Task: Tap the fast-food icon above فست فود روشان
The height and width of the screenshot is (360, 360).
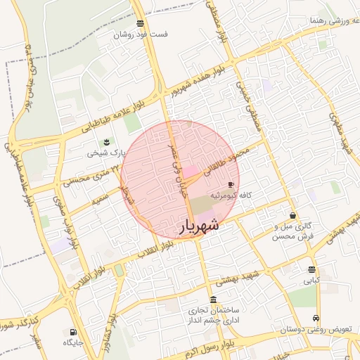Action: coord(141,23)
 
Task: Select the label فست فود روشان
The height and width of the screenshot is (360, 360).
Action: coord(141,34)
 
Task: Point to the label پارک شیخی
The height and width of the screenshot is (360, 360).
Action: coord(105,152)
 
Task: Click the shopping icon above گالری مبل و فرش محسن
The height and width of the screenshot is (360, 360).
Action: coord(292,216)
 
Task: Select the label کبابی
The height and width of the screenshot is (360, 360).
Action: coord(311,280)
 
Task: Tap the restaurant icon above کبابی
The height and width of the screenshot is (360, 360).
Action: coord(311,269)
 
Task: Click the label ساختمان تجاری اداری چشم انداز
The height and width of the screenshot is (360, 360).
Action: coord(210,315)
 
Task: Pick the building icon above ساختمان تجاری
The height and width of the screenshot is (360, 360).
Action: coord(213,300)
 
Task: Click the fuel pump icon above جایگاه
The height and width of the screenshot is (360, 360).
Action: coord(72,332)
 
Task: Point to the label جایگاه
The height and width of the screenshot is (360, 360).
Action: coord(73,342)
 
